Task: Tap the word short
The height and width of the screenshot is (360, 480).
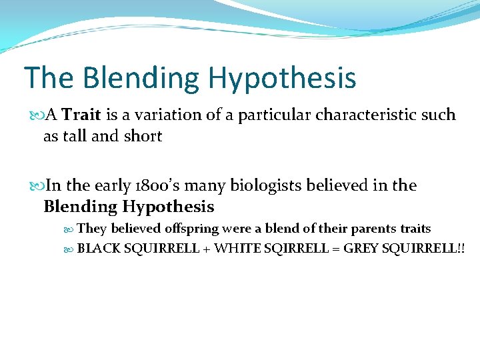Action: [x=143, y=136]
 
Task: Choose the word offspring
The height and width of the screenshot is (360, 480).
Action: [x=191, y=229]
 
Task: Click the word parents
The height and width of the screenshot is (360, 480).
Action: [x=374, y=229]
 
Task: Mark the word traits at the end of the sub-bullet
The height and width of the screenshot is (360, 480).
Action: [x=415, y=229]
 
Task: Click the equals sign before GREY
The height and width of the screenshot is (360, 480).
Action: [x=335, y=249]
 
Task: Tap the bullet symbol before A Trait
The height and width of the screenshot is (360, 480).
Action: [x=38, y=115]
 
